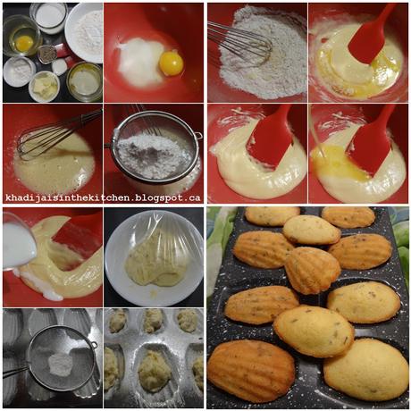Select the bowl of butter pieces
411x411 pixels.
(44, 86)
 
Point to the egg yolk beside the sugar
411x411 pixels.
(171, 63)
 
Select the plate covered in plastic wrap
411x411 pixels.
(153, 257)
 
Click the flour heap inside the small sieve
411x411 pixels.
(60, 361)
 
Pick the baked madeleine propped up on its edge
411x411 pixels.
(312, 269)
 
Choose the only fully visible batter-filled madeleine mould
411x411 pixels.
(154, 369)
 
